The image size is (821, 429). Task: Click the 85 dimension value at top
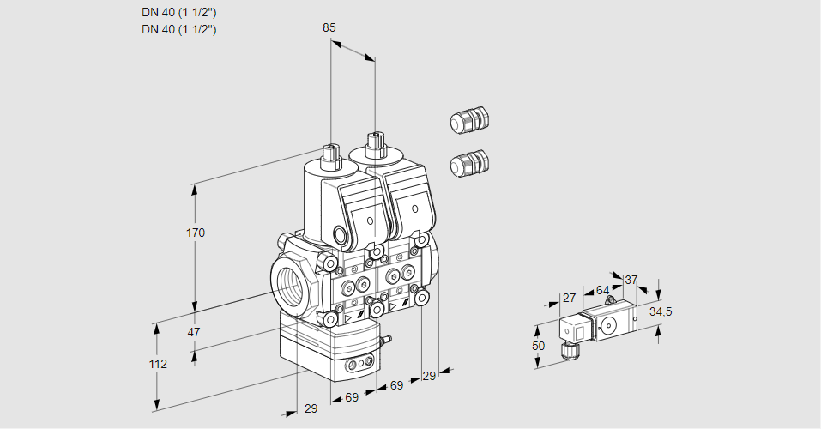[x=329, y=27]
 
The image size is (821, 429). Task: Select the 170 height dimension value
[x=196, y=233]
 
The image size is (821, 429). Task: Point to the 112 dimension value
[x=157, y=364]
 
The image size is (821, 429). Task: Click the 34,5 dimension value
[x=660, y=311]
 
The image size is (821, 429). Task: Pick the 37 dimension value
[x=631, y=280]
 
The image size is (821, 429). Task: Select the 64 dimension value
[x=602, y=290]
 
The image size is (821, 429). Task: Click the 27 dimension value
[x=568, y=298]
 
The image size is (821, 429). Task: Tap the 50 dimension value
[x=538, y=346]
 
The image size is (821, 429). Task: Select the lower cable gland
[x=468, y=162]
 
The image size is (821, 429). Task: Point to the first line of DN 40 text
[x=178, y=12]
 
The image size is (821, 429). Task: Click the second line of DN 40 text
[x=178, y=29]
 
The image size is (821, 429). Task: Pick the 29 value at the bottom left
[x=311, y=408]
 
